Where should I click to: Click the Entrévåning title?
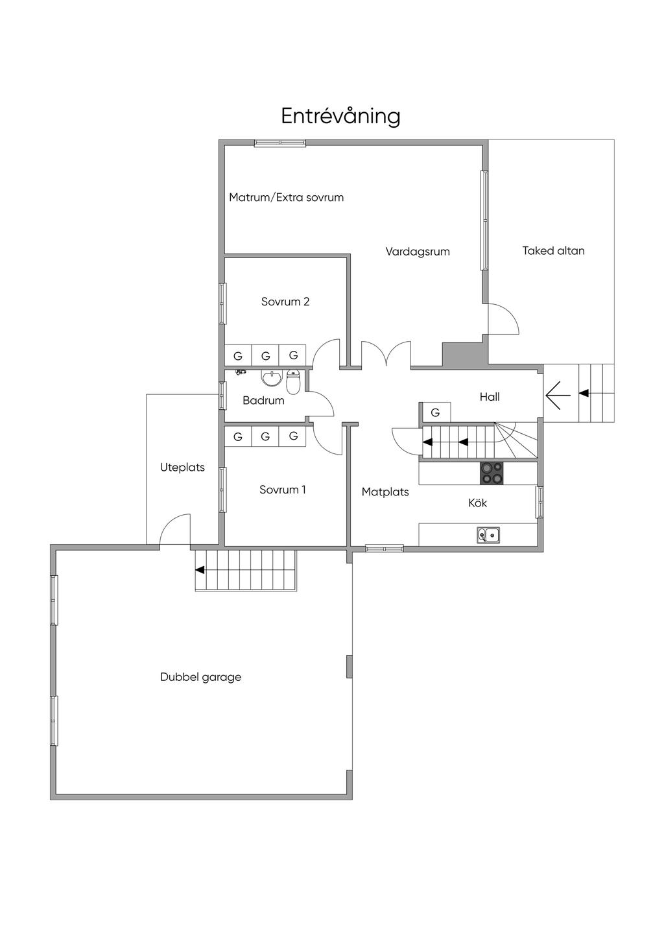point(340,116)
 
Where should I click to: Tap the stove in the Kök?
point(492,473)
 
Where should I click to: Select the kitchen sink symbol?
point(488,535)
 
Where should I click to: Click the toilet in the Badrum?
point(293,381)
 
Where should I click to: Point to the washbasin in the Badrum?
point(272,377)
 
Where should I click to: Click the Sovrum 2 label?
point(285,302)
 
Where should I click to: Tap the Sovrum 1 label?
point(283,490)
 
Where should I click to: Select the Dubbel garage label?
point(201,678)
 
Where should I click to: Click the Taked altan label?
point(553,251)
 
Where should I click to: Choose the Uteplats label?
point(182,468)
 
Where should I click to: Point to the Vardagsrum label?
point(418,252)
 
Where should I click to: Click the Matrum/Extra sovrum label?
point(287,197)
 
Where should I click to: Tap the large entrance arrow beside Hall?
point(558,395)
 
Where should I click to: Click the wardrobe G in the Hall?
point(436,412)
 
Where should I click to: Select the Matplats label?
point(385,492)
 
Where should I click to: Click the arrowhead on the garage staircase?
point(200,569)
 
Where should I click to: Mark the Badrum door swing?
point(321,403)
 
